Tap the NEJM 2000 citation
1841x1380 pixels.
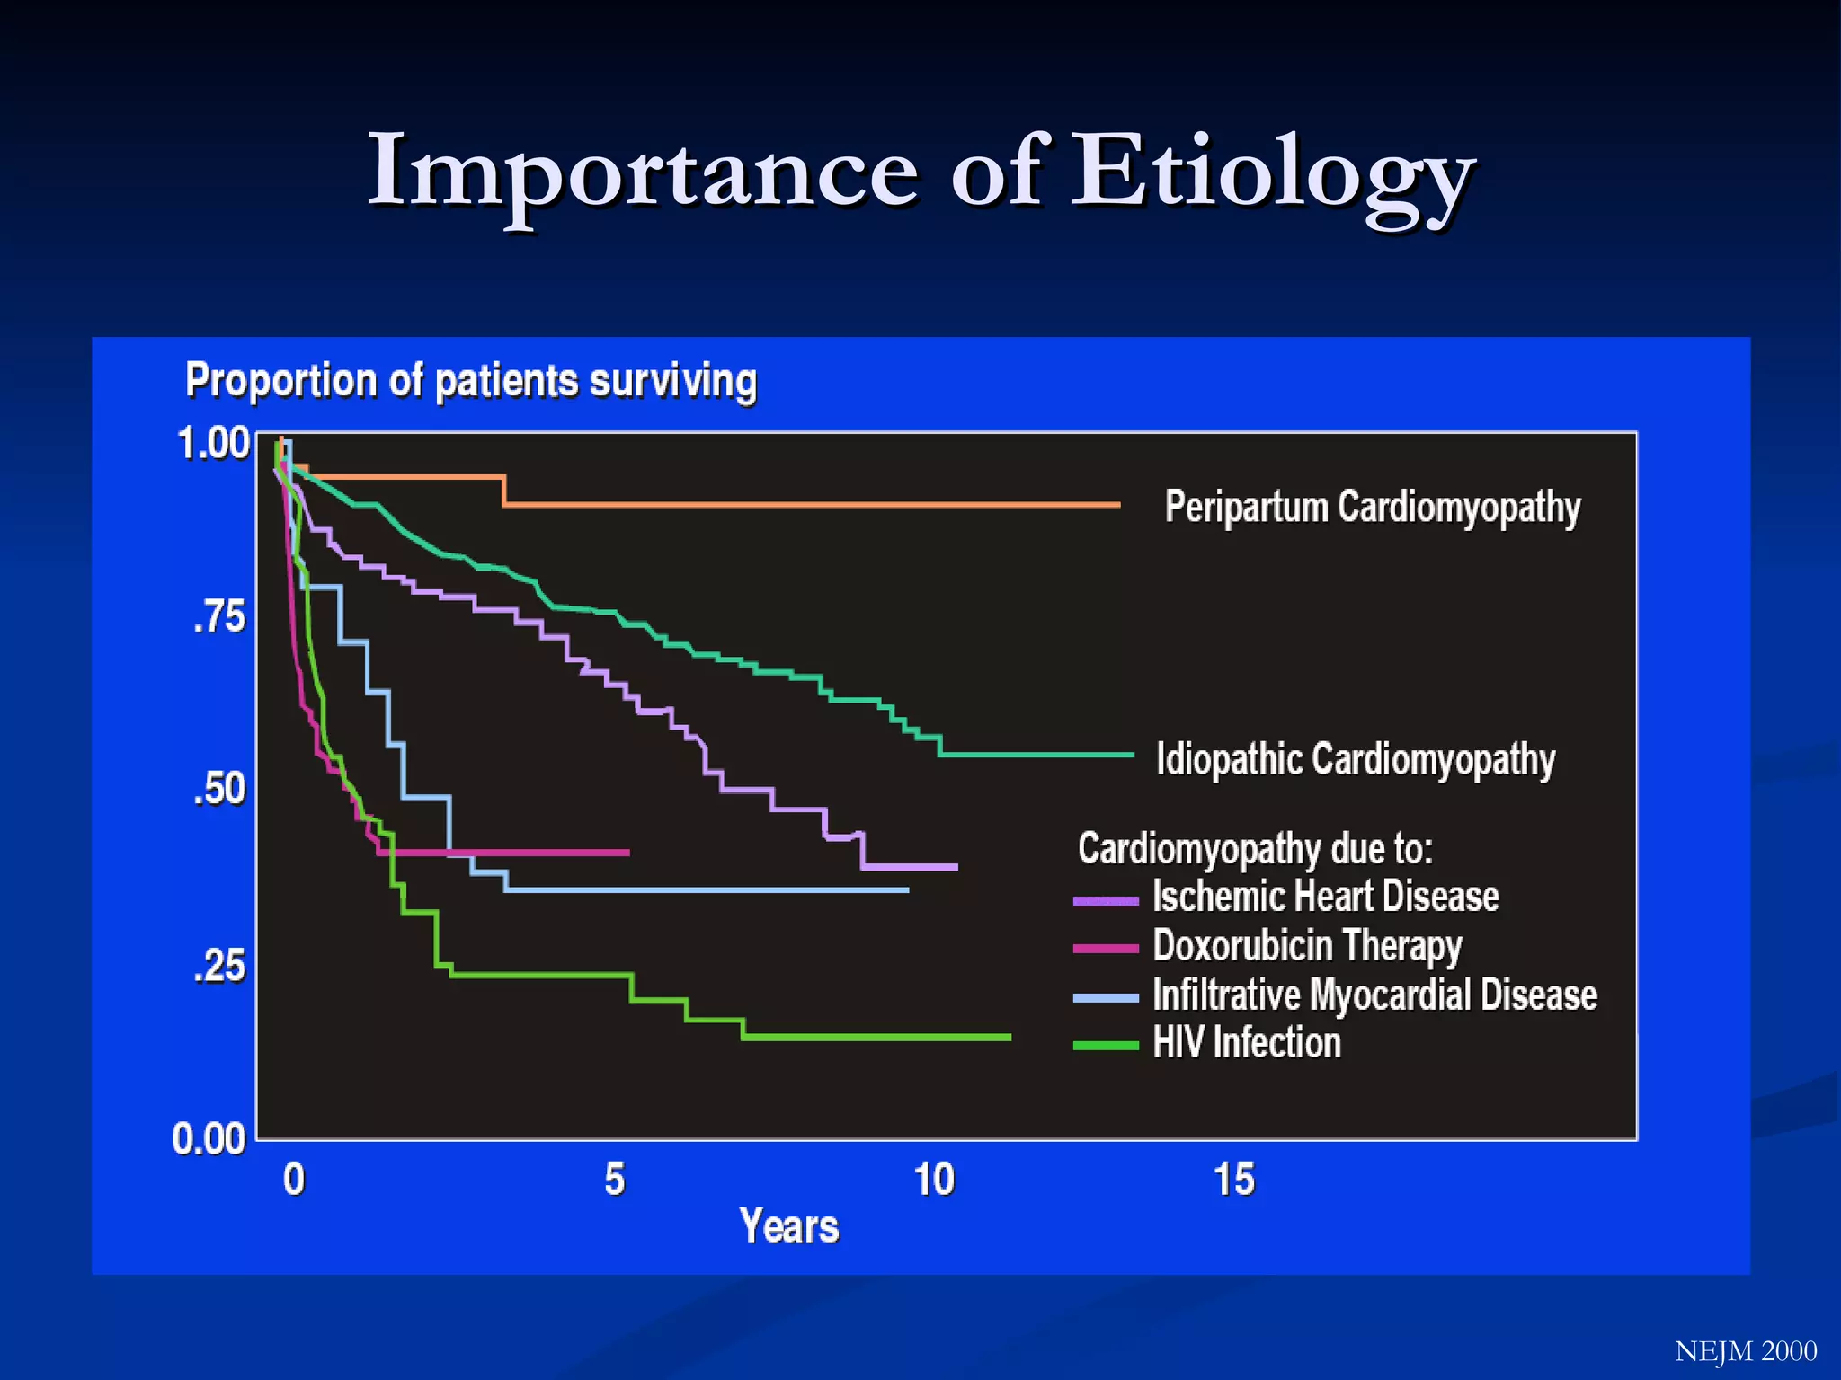click(x=1746, y=1351)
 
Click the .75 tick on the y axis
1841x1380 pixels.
click(x=219, y=617)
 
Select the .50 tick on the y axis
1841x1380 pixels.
click(x=219, y=789)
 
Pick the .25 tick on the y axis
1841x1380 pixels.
click(x=219, y=966)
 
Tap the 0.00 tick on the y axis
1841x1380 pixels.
click(x=209, y=1139)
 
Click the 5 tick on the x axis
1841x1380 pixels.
click(x=615, y=1180)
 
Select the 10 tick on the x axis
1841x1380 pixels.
click(x=934, y=1180)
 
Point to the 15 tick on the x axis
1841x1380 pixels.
click(x=1233, y=1180)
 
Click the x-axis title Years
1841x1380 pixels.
click(x=789, y=1226)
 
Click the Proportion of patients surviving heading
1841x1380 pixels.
click(x=471, y=381)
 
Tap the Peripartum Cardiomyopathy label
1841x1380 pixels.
click(x=1373, y=507)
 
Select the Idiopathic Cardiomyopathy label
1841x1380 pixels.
click(x=1356, y=759)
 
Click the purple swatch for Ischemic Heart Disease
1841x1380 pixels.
click(x=1106, y=899)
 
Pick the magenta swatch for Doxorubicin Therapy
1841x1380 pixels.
click(x=1106, y=948)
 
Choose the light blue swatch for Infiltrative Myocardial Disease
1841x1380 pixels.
click(x=1106, y=997)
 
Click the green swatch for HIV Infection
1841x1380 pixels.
click(x=1106, y=1045)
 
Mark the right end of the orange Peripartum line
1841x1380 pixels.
click(x=1118, y=505)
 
